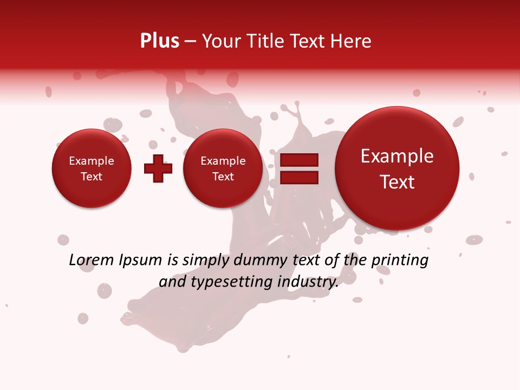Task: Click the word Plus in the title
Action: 159,41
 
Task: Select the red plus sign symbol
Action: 158,168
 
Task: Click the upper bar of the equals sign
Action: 299,160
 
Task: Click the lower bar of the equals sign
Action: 299,178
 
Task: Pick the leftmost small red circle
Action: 91,168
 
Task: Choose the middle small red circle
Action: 223,168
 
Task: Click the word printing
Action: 399,261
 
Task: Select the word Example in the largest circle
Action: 397,156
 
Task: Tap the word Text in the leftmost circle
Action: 91,177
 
